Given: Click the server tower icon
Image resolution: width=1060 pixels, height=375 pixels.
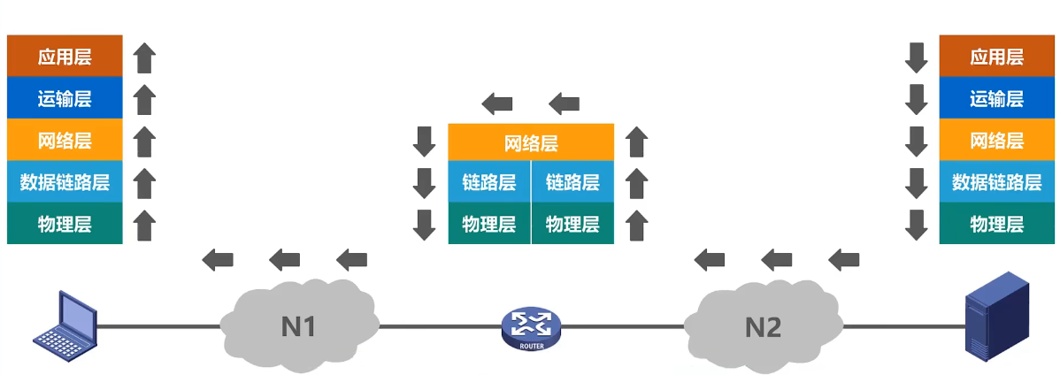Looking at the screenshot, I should pos(996,317).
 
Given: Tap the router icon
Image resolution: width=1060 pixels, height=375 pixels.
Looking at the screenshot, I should pos(531,328).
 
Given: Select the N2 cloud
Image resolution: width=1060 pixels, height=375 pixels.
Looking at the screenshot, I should pos(763,326).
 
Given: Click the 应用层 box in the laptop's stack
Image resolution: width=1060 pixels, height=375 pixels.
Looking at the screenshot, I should pos(65,57).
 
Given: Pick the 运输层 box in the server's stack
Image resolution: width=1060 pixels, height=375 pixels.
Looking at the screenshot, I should pos(996,98).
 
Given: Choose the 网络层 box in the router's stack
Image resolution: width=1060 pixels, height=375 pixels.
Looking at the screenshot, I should pos(531,142).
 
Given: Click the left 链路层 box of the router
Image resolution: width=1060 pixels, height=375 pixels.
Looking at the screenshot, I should pos(489,182).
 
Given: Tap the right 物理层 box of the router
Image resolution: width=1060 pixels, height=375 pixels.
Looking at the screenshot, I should pos(572,223).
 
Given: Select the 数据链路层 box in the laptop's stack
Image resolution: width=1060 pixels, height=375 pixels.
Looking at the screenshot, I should pos(65,182).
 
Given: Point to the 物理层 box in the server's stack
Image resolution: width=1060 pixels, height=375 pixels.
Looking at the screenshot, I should pos(996,223).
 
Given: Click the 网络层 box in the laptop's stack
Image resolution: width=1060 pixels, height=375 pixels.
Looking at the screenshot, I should pos(65,141).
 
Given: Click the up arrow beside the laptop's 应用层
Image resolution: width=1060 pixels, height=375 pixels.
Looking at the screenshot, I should pos(145,57).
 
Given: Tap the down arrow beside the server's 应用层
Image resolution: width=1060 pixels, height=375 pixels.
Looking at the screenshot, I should pos(916,57).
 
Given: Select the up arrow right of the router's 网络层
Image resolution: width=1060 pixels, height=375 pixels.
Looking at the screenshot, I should pos(636,142).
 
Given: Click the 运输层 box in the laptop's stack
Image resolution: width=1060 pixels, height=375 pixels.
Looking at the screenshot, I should pos(65,98).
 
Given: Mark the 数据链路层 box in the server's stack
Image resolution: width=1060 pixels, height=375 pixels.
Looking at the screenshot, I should pos(996,182).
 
